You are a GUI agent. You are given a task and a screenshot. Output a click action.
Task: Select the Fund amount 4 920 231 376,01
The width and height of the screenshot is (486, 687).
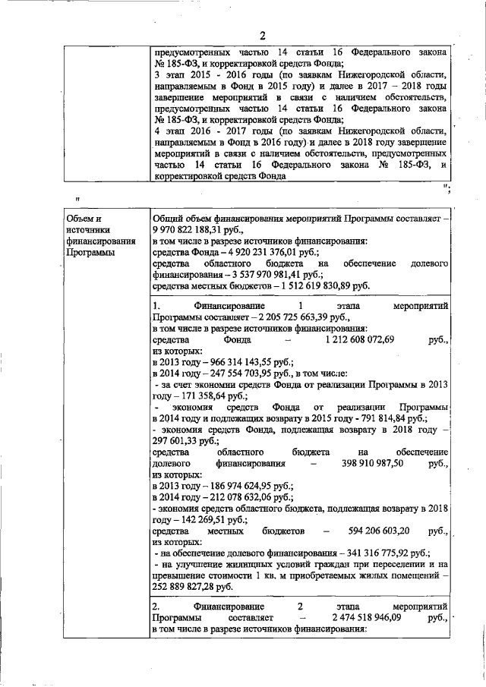coord(243,251)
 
